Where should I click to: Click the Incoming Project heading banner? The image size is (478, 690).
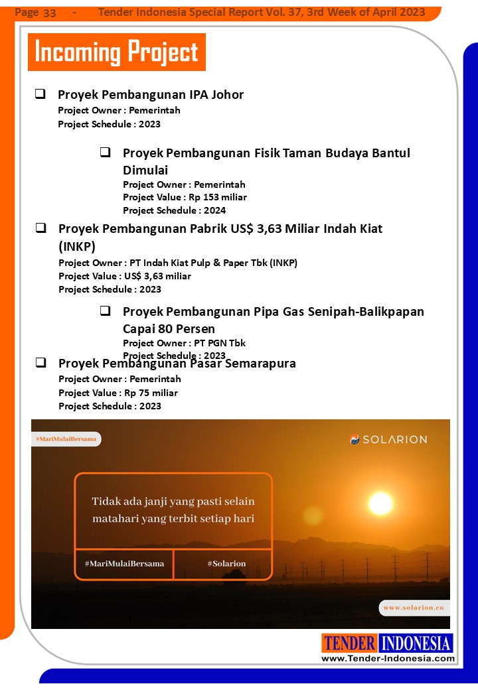(117, 52)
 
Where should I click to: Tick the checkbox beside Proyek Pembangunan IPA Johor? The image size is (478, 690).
(40, 94)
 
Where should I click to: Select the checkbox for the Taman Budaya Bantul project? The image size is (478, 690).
(105, 153)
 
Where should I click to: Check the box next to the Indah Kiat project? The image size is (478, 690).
(40, 228)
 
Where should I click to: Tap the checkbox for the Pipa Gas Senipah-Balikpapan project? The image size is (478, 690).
(105, 311)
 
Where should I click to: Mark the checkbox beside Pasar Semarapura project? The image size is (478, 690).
(40, 363)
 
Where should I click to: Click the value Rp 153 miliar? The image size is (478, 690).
(222, 197)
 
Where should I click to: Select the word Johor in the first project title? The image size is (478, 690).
(227, 95)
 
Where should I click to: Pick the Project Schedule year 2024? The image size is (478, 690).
(215, 210)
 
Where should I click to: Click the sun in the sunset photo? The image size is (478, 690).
(380, 503)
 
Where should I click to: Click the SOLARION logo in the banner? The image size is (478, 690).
(388, 439)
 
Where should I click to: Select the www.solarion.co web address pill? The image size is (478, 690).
(413, 607)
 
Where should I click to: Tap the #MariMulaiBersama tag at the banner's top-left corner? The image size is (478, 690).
(66, 439)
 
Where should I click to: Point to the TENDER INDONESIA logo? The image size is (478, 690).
(388, 643)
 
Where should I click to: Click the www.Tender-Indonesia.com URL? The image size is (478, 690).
(388, 658)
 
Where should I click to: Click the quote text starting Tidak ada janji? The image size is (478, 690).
(173, 510)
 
